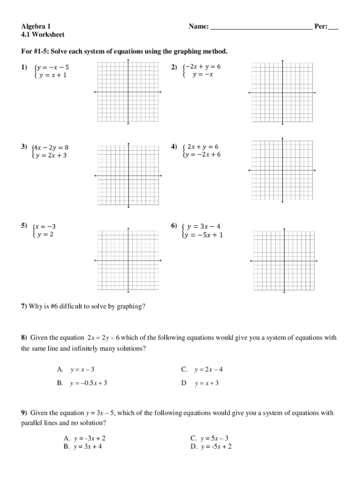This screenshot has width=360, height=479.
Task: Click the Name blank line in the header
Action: pos(261,27)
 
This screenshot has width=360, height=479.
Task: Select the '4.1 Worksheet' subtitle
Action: pos(43,35)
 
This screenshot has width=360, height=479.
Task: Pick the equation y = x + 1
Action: pos(52,75)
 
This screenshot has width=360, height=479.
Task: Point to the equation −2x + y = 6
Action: pos(203,66)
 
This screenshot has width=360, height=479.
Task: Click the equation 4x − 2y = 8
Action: pos(52,147)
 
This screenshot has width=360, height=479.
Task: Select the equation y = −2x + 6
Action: pos(203,154)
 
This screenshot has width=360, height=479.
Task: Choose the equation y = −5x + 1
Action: pos(204,235)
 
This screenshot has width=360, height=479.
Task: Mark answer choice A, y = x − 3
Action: pos(82,370)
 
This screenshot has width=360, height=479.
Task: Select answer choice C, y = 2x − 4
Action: pos(208,370)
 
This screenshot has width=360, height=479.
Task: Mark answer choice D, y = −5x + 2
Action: pos(216,446)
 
